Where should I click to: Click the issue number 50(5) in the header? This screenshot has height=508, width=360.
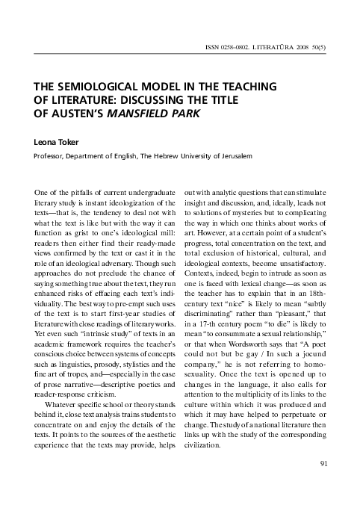tap(329, 46)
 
